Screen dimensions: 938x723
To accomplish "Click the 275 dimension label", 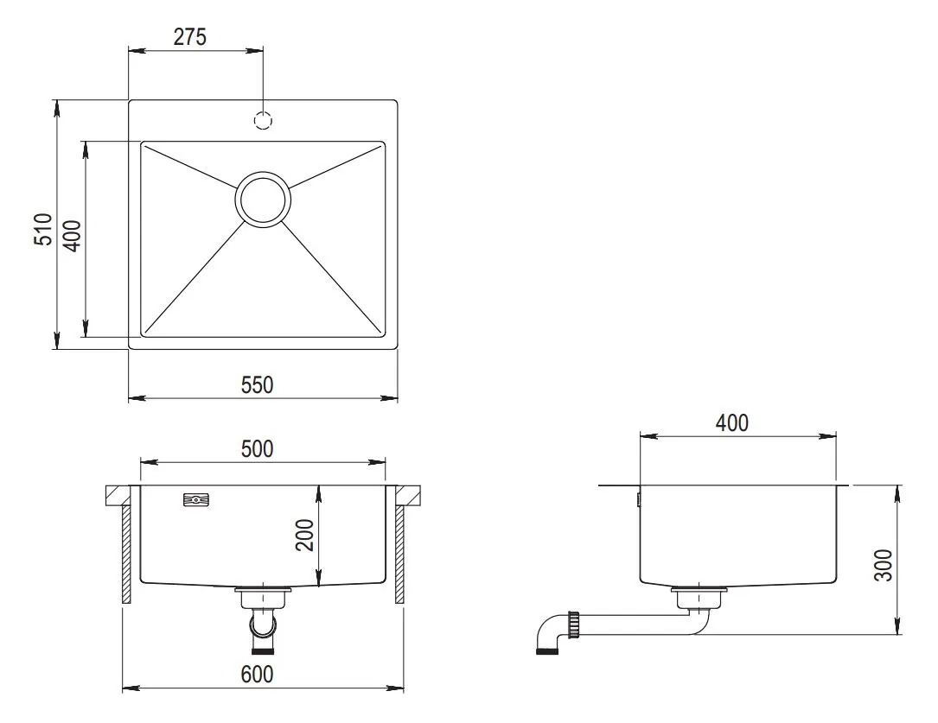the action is click(x=189, y=37).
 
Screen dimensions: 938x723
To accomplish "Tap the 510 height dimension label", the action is click(x=43, y=230).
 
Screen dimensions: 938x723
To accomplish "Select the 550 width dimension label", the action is click(x=258, y=384).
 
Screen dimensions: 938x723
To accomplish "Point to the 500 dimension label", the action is click(x=258, y=448).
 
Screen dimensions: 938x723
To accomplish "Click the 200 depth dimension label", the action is click(x=305, y=536).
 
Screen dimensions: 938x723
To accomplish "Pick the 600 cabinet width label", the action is click(x=258, y=674).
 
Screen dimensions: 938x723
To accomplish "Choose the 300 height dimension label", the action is click(x=884, y=565).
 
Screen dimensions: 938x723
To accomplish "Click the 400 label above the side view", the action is click(x=732, y=423).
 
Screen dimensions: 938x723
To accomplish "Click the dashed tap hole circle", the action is click(x=263, y=121).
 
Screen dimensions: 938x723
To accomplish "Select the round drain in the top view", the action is click(x=263, y=200).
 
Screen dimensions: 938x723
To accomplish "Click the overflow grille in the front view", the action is click(x=196, y=500).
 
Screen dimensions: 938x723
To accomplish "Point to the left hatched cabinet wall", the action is click(x=126, y=555).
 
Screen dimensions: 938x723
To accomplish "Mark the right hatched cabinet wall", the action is click(x=399, y=555).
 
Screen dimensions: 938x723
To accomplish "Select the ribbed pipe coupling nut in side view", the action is click(x=574, y=623).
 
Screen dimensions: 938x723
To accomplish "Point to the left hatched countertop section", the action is click(x=119, y=496).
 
